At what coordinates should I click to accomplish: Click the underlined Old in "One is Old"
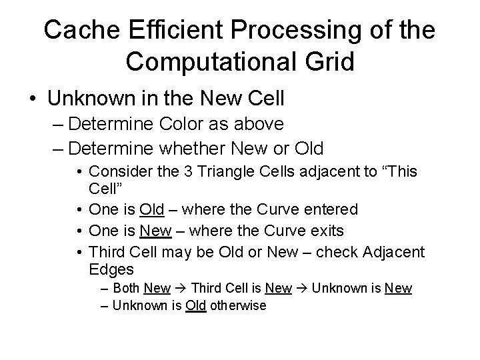point(153,209)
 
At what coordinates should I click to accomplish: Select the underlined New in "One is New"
point(155,231)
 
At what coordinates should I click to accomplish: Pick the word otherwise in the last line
point(239,305)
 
